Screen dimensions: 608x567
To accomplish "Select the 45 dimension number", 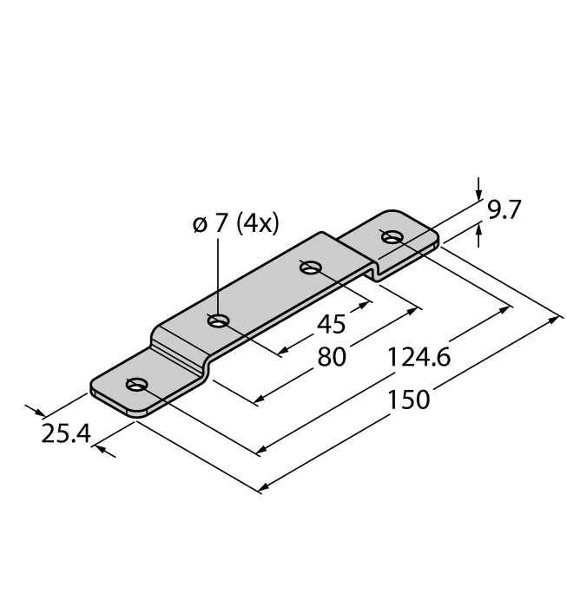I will tap(331, 324).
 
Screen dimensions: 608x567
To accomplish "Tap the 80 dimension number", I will tap(331, 357).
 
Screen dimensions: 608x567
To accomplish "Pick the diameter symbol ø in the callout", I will tap(200, 223).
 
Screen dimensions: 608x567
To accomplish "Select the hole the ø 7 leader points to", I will tap(219, 321).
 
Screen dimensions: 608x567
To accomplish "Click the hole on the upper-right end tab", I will tap(392, 236).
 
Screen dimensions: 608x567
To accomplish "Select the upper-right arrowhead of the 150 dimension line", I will tap(556, 321).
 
